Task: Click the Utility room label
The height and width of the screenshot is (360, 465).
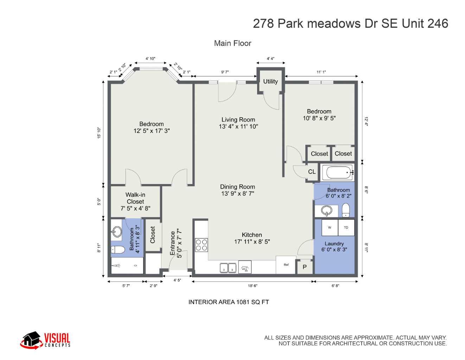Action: pyautogui.click(x=270, y=81)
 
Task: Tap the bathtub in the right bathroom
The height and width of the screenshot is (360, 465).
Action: pyautogui.click(x=339, y=172)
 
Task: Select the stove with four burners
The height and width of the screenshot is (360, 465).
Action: pyautogui.click(x=202, y=245)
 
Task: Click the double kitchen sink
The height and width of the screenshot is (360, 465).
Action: pyautogui.click(x=228, y=268)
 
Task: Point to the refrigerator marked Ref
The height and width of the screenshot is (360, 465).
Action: pyautogui.click(x=286, y=265)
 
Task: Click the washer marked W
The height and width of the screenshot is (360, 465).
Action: pyautogui.click(x=330, y=227)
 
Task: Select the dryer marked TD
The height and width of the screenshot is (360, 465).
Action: pyautogui.click(x=346, y=227)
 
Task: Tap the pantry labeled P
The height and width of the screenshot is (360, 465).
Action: pyautogui.click(x=305, y=267)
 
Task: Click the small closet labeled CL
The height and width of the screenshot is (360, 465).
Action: pyautogui.click(x=312, y=172)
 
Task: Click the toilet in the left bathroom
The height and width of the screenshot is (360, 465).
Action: pyautogui.click(x=118, y=250)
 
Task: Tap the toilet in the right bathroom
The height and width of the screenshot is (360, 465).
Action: pyautogui.click(x=346, y=210)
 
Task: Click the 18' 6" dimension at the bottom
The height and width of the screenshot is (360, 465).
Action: pyautogui.click(x=253, y=286)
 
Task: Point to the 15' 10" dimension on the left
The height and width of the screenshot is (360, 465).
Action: pyautogui.click(x=99, y=133)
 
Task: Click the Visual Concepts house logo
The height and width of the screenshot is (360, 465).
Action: pyautogui.click(x=31, y=340)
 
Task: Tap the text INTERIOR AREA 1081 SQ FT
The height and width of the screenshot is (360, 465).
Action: pyautogui.click(x=229, y=302)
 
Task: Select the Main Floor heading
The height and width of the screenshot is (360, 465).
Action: pyautogui.click(x=232, y=43)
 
